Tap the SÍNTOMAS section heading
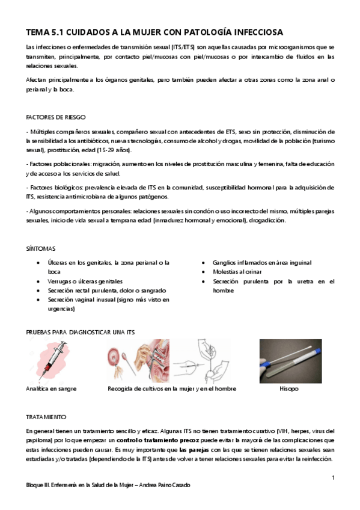tap(41, 247)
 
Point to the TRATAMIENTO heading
tap(47, 416)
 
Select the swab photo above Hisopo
tap(290, 361)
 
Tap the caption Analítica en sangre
tap(52, 389)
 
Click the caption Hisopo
tap(289, 389)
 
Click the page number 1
tap(332, 477)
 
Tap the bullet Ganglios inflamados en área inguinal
tap(262, 263)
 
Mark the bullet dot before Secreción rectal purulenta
tap(39, 290)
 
